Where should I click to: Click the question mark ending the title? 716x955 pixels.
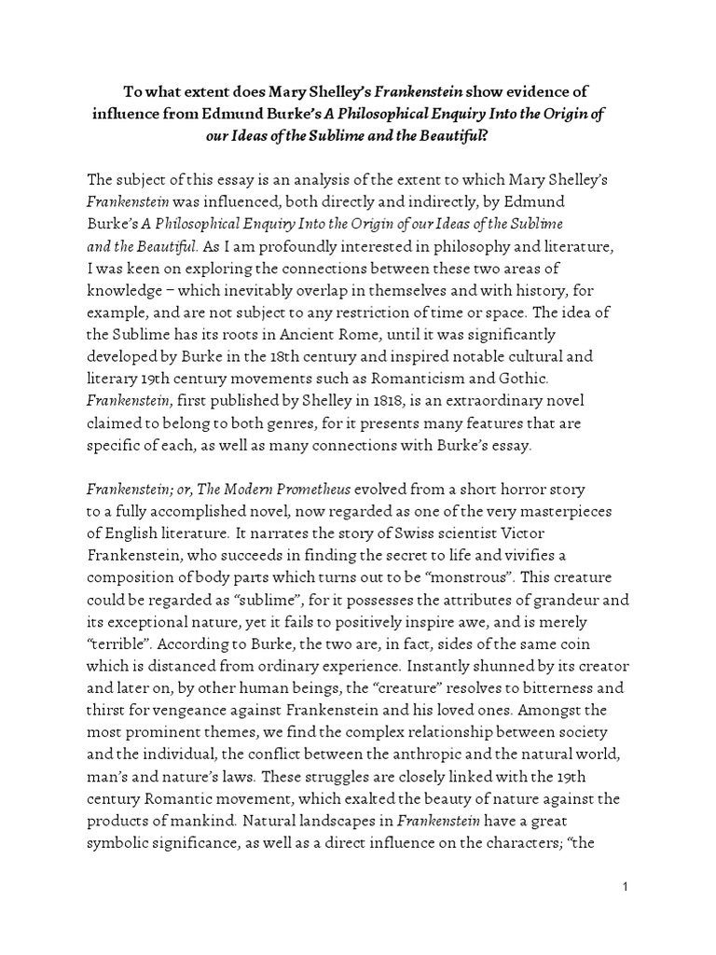pyautogui.click(x=514, y=135)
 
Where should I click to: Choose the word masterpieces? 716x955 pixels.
pyautogui.click(x=566, y=512)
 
